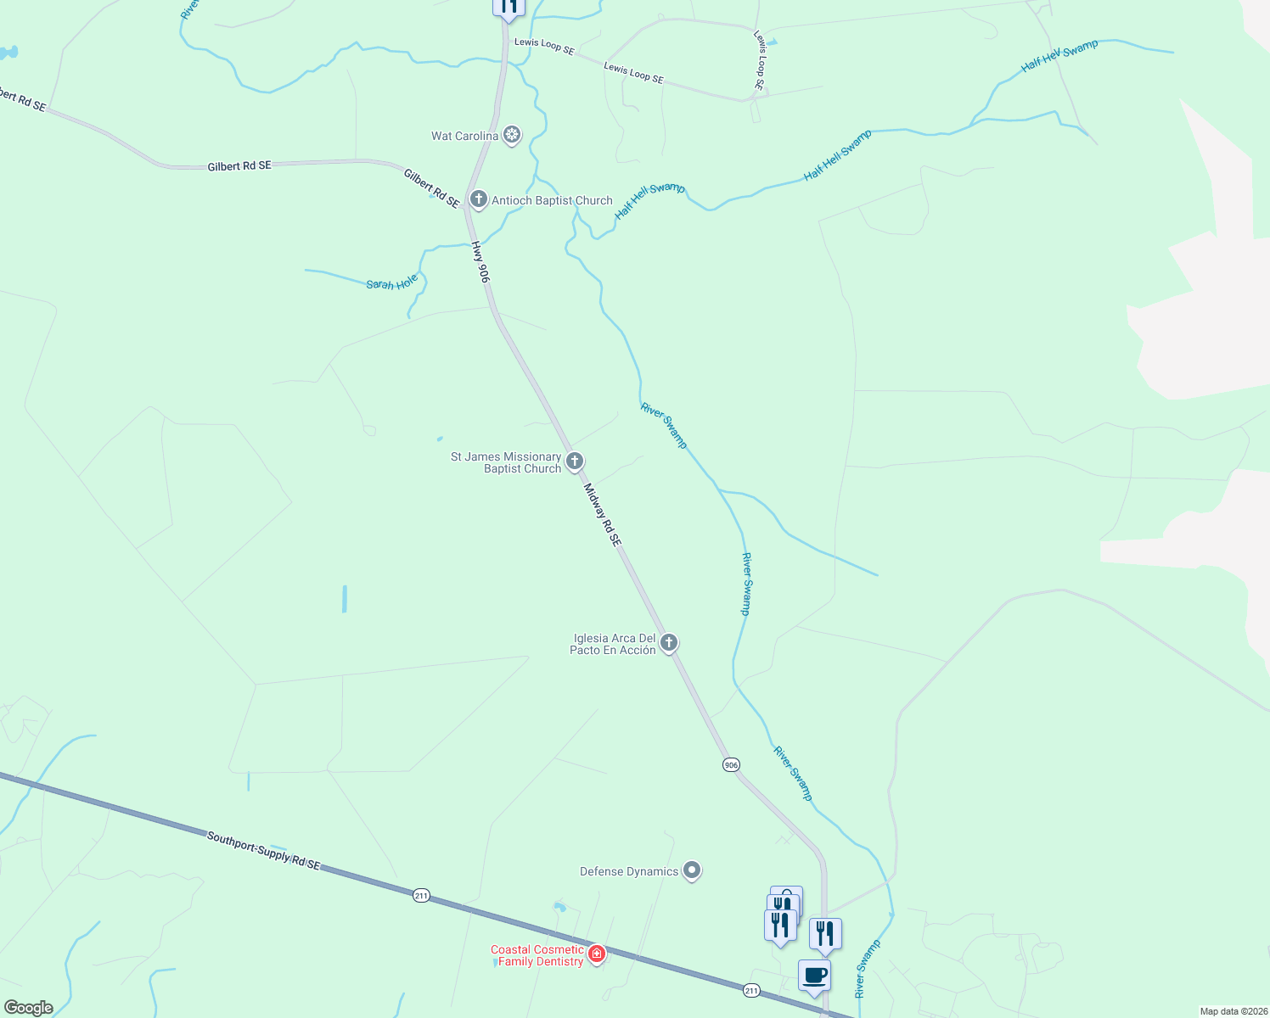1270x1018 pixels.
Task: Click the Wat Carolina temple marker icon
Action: (x=512, y=135)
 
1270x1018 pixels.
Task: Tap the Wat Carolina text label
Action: (x=464, y=136)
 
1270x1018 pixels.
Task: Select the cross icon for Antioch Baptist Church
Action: (x=479, y=199)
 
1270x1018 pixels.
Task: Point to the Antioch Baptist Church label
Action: (x=552, y=200)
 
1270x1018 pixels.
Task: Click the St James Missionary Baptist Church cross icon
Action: (x=575, y=461)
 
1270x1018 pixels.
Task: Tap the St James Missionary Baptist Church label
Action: (x=506, y=462)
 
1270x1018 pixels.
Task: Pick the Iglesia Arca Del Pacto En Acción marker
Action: (x=669, y=643)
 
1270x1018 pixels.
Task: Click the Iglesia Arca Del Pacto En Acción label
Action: (x=613, y=644)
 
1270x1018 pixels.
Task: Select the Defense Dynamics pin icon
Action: (x=692, y=870)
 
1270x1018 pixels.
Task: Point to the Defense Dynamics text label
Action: (x=629, y=871)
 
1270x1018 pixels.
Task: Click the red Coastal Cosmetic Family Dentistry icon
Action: (x=597, y=954)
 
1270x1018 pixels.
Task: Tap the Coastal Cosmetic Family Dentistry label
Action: (x=537, y=955)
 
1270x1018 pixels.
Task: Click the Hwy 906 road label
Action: (x=480, y=262)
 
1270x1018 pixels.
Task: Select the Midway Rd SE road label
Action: (x=602, y=515)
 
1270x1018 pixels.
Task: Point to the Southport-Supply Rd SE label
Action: (x=264, y=850)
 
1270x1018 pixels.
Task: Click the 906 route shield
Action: (x=732, y=765)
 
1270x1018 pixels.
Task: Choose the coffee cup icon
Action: (x=814, y=975)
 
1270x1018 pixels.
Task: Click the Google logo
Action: (x=29, y=1008)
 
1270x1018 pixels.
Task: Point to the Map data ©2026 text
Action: (x=1232, y=1011)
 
